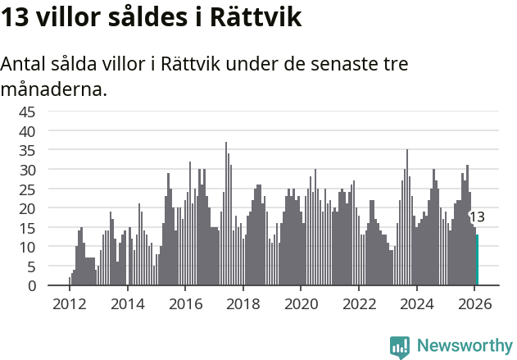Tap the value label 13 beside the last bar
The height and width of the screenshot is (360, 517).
(477, 217)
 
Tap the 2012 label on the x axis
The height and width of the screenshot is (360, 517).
(70, 303)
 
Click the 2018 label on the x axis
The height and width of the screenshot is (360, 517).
(243, 303)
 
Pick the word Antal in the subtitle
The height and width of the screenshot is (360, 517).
(24, 64)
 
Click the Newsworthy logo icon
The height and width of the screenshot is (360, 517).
(400, 347)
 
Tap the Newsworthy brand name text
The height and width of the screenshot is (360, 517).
(465, 346)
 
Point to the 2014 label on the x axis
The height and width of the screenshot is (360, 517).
(127, 303)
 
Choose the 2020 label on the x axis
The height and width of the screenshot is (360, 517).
(301, 303)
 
